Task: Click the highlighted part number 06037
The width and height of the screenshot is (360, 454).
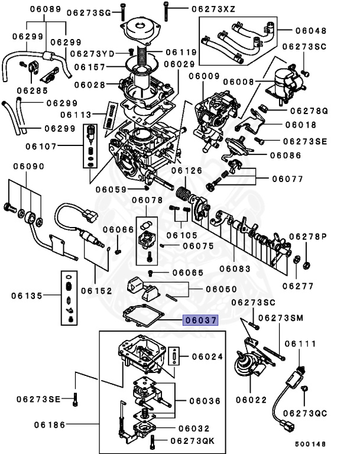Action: [200, 320]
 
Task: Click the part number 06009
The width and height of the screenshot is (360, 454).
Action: [205, 76]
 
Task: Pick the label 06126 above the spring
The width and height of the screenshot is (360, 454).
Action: [187, 170]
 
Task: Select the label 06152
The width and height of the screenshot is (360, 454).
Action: [97, 290]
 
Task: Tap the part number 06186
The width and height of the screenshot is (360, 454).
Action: [50, 424]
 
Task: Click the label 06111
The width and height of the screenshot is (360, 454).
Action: [301, 343]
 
